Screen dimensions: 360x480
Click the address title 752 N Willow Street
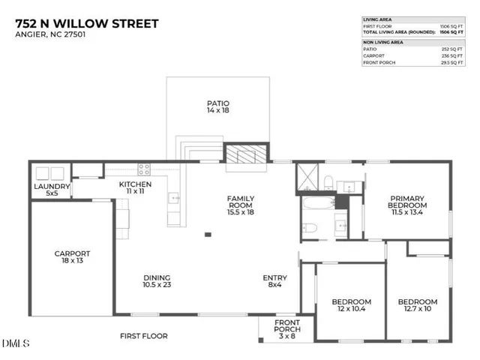point(86,24)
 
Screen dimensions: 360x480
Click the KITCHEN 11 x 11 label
point(136,188)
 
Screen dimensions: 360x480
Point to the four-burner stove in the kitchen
point(143,169)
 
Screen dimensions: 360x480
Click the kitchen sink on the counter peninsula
point(174,199)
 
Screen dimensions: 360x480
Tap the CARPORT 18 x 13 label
point(72,258)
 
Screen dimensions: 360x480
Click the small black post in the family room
point(208,235)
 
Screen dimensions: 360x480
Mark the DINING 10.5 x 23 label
point(157,281)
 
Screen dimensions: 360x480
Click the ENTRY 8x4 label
point(274,281)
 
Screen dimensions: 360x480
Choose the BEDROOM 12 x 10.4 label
point(351,306)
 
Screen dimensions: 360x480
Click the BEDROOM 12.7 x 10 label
point(417,306)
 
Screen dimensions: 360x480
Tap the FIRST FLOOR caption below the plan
point(144,336)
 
